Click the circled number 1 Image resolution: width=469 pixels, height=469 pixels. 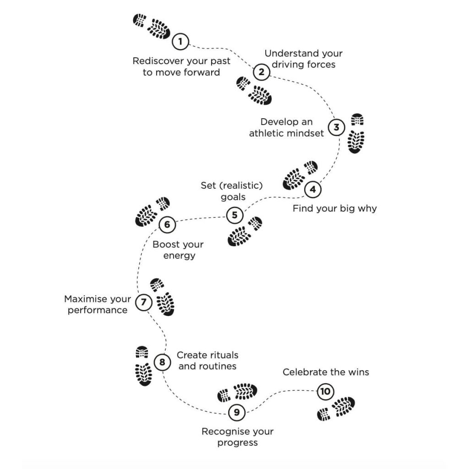pos(180,41)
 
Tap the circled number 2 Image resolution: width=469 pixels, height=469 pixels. pos(262,72)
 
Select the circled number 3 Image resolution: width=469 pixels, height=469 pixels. pos(337,127)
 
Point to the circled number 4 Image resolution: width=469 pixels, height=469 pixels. pos(313,189)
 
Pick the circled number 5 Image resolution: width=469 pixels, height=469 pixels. pos(235,215)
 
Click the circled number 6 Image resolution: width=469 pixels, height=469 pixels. pos(167,224)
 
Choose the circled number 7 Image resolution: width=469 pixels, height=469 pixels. pos(144,302)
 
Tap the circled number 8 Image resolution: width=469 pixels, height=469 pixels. pos(163,362)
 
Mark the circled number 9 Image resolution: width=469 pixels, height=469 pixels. pos(237,413)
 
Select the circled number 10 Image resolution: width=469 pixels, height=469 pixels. pos(326,391)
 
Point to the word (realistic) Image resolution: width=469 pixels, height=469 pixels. pos(241,186)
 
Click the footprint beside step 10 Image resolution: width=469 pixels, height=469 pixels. pos(336,408)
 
